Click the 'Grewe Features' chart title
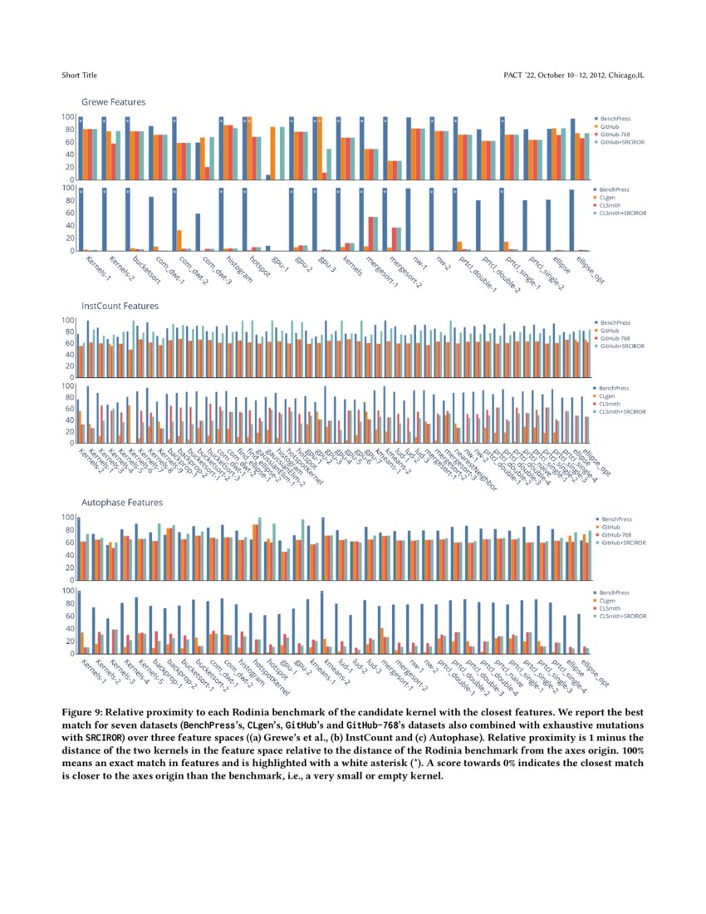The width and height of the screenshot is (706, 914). (113, 102)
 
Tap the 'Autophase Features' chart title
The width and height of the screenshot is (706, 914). (121, 503)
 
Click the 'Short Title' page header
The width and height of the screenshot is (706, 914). (79, 76)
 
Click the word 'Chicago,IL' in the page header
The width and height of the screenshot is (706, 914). (625, 76)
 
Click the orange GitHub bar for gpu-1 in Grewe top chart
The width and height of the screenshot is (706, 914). (273, 153)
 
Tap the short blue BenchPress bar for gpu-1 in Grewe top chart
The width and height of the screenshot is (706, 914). (267, 177)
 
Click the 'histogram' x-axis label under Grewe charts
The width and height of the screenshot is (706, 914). (241, 268)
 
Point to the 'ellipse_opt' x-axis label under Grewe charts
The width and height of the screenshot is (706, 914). (587, 273)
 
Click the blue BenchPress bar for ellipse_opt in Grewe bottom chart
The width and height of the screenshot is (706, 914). (572, 220)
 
